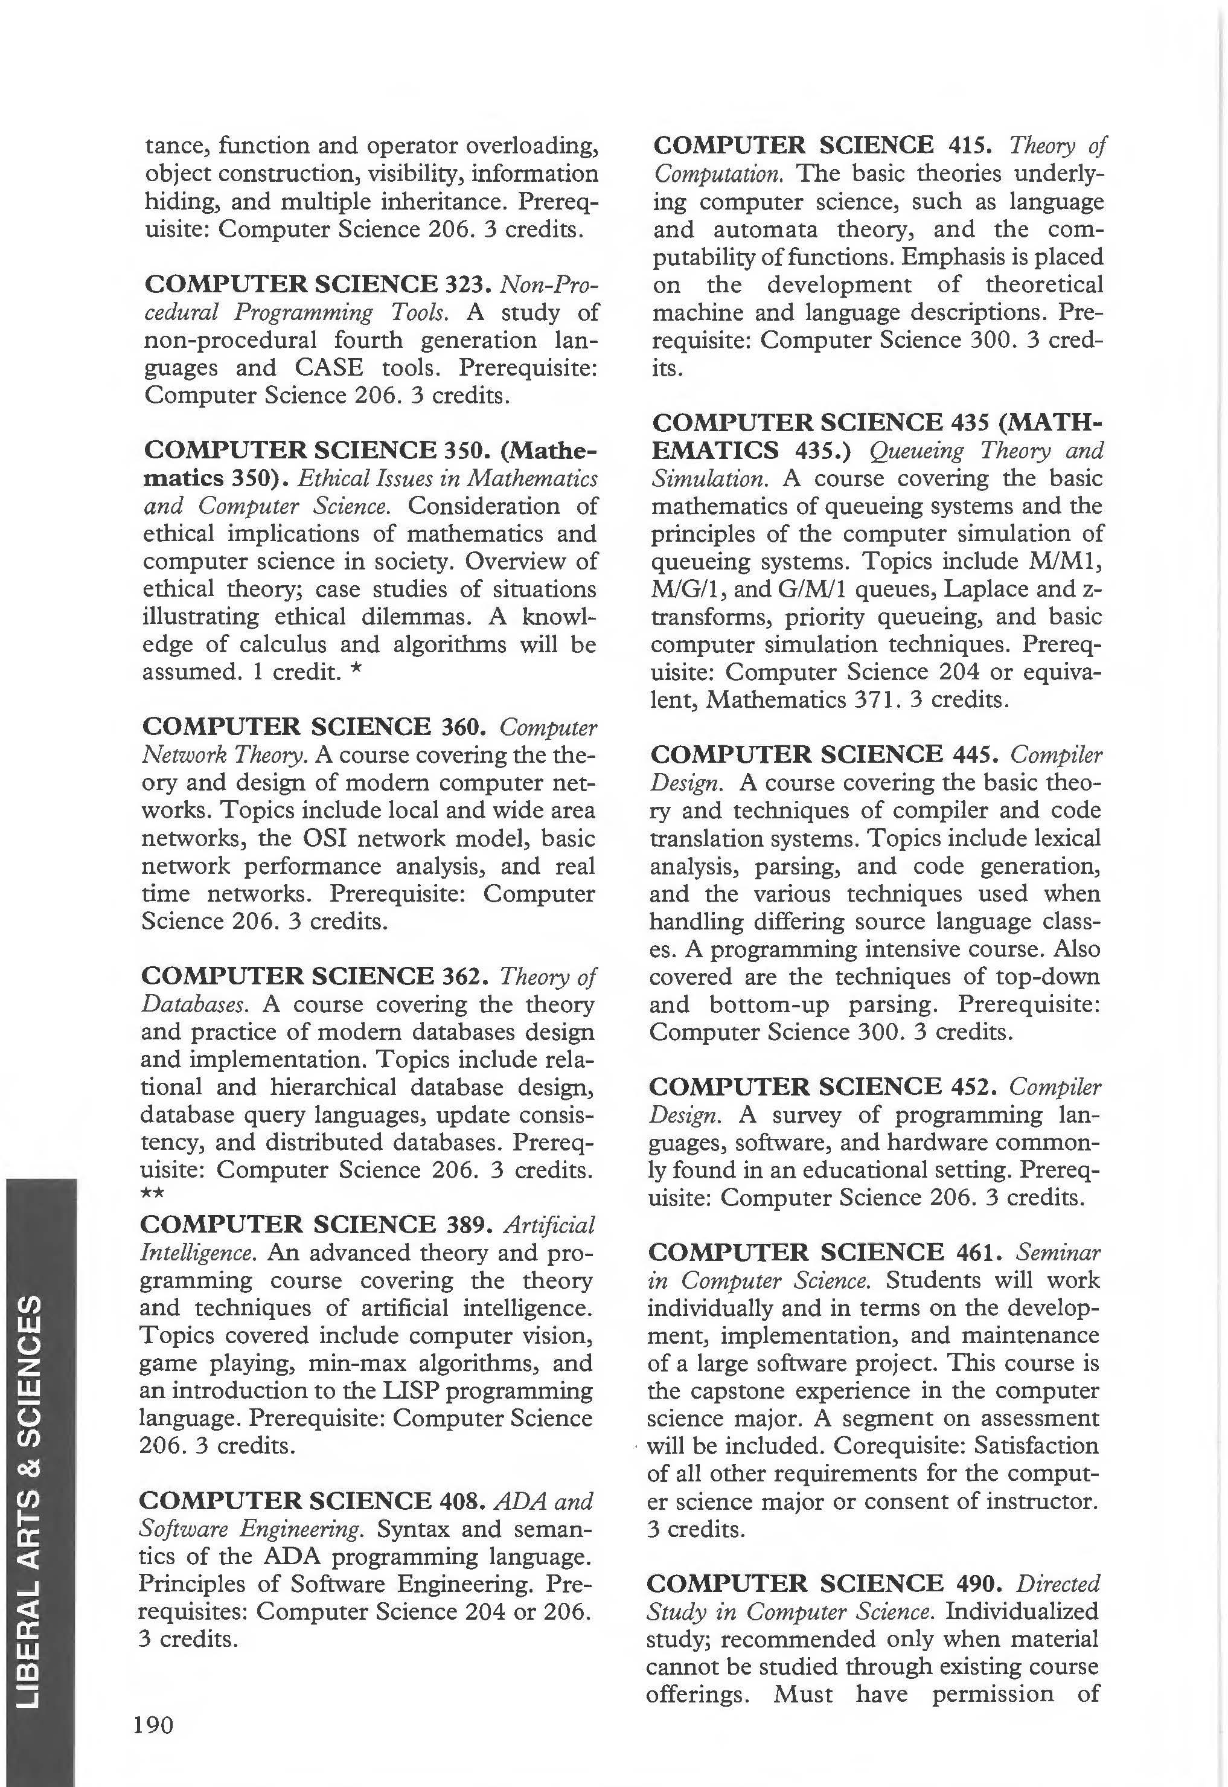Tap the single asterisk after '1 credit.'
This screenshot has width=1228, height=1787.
click(356, 671)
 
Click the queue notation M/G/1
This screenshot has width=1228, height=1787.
click(682, 589)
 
